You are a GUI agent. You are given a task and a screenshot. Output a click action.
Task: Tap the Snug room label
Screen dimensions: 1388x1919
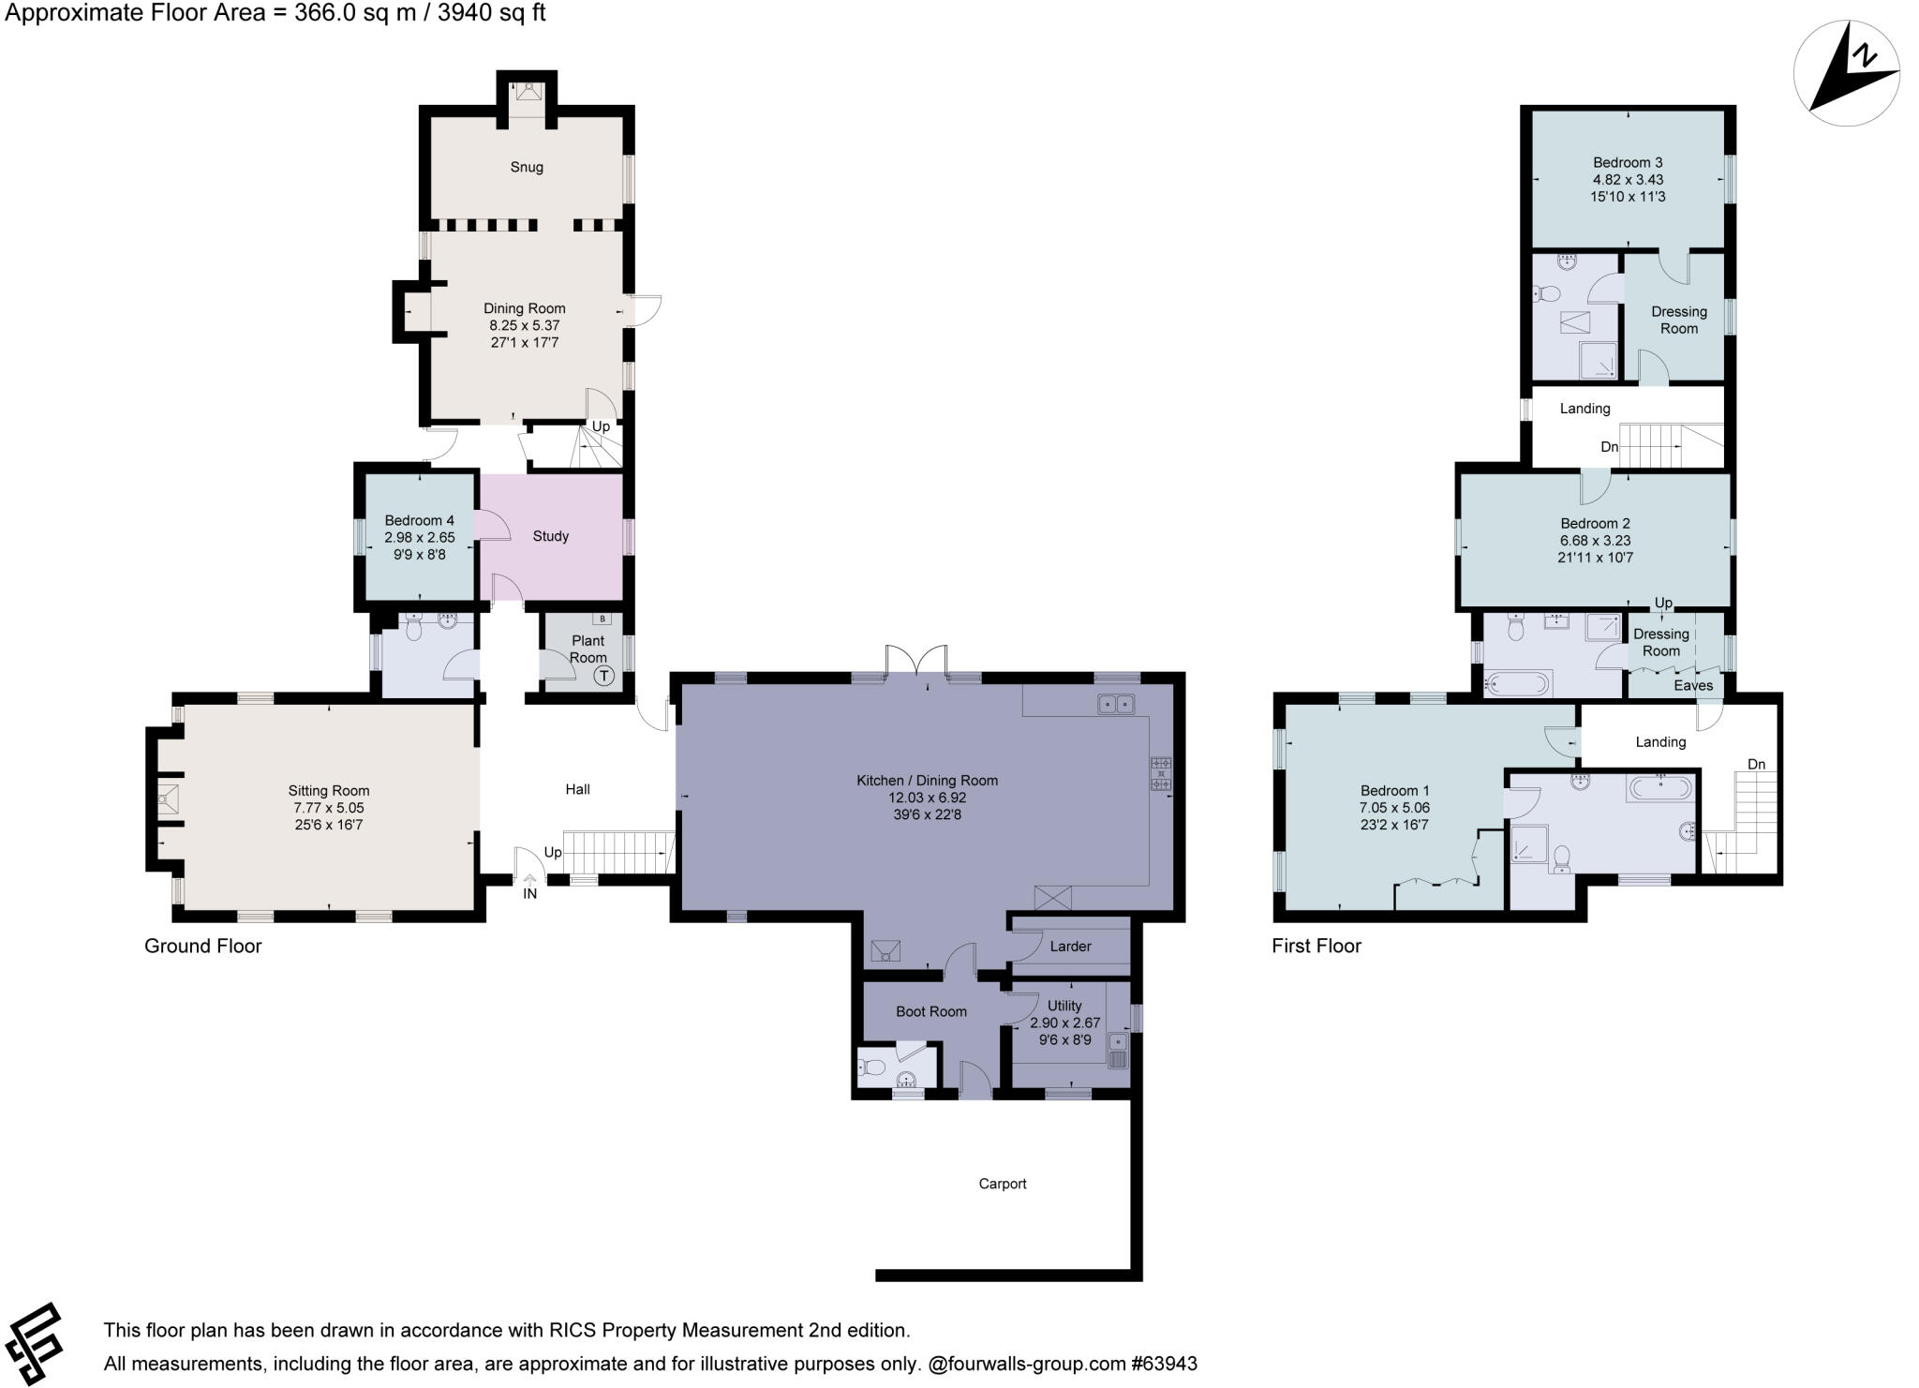(527, 167)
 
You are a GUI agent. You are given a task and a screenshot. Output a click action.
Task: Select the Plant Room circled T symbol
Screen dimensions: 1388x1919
(604, 676)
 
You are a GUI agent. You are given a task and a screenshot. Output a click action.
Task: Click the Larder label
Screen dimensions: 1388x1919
(1070, 947)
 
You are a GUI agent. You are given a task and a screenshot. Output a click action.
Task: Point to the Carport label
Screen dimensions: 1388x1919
(1003, 1184)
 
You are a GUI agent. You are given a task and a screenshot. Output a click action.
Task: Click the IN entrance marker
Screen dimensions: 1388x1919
(529, 893)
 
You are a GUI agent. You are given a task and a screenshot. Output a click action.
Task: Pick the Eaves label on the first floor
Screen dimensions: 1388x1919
(1693, 685)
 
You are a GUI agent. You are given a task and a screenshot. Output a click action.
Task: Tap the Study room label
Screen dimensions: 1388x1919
(550, 536)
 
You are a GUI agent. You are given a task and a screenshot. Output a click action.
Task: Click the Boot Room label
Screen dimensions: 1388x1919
(930, 1011)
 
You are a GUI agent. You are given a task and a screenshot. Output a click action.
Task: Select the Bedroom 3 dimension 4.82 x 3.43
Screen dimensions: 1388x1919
(1628, 179)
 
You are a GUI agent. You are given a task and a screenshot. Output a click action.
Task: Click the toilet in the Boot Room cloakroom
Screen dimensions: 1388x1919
(873, 1067)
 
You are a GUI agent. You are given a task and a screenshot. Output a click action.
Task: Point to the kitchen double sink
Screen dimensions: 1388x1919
(1116, 704)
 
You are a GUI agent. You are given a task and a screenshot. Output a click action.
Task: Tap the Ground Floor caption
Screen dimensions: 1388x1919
(202, 946)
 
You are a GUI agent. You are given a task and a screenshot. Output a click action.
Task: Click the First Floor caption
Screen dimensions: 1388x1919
(1316, 946)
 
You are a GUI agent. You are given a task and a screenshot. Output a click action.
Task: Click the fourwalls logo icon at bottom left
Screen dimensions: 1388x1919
(34, 1343)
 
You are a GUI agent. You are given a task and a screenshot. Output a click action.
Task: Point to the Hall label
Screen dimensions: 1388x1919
(577, 789)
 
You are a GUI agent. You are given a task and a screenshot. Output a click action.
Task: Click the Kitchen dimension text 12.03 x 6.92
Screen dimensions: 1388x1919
(927, 798)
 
